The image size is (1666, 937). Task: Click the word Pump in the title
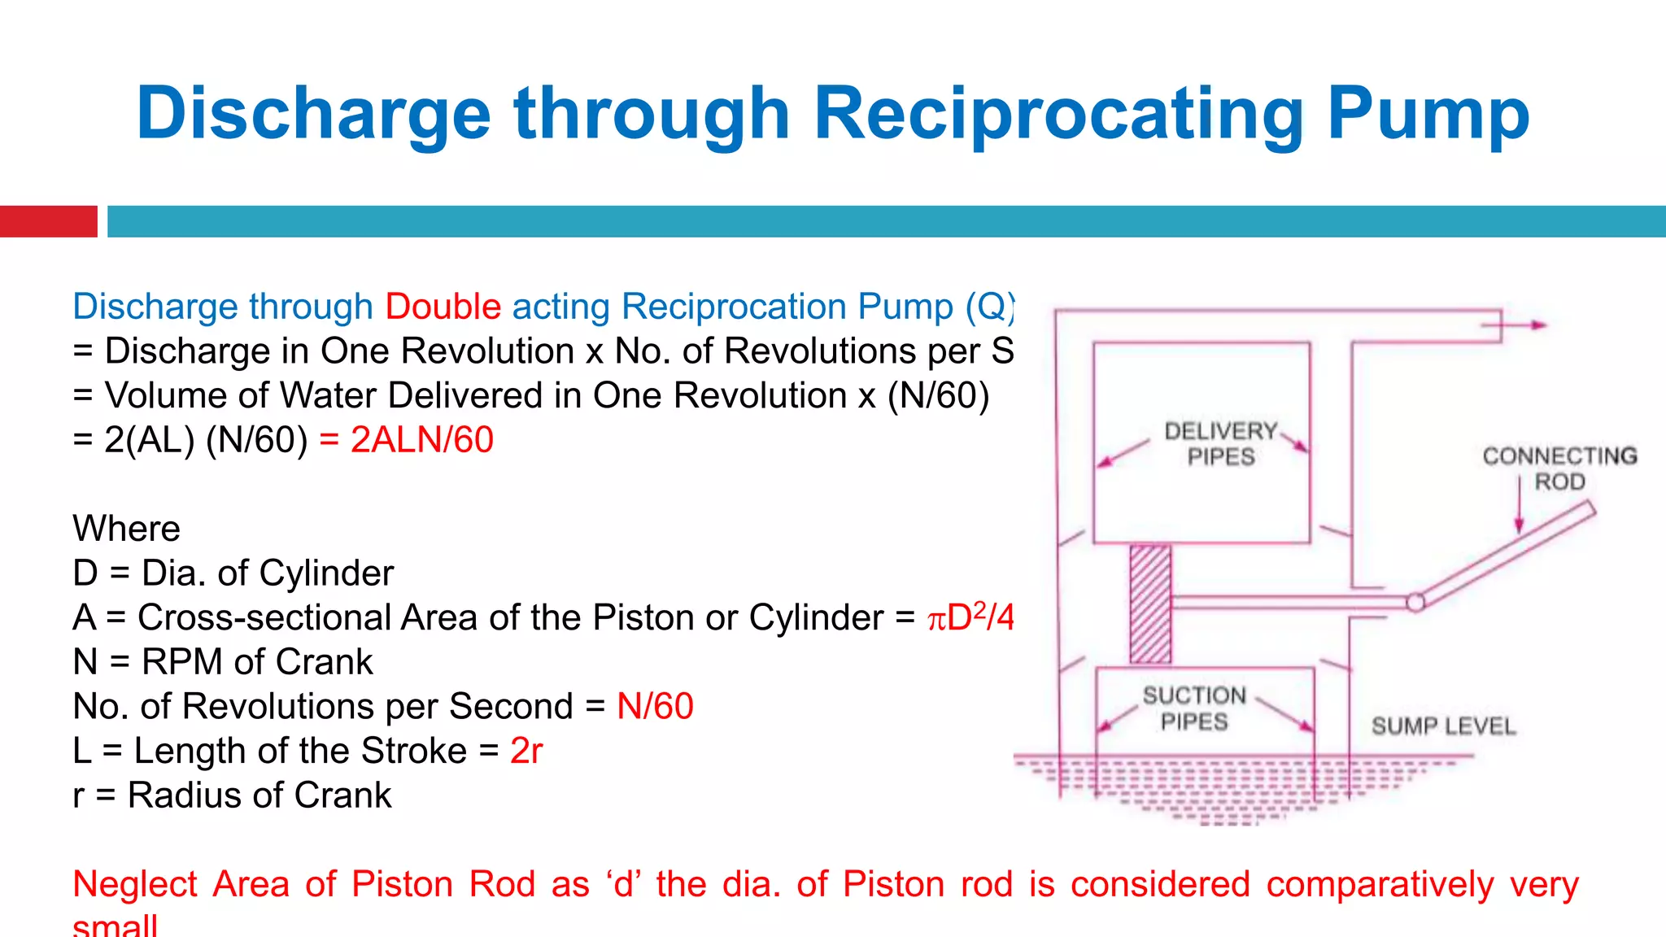pyautogui.click(x=1428, y=114)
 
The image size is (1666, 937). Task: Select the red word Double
pyautogui.click(x=443, y=307)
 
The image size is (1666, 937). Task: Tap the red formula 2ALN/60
pyautogui.click(x=421, y=440)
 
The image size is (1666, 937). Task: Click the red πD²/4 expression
pyautogui.click(x=970, y=617)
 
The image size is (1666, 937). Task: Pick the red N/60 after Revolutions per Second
pyautogui.click(x=655, y=706)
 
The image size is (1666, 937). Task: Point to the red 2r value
pyautogui.click(x=526, y=751)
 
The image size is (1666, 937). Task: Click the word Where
pyautogui.click(x=126, y=529)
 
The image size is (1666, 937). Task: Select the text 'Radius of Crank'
pyautogui.click(x=259, y=795)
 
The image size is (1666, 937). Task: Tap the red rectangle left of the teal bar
pyautogui.click(x=48, y=221)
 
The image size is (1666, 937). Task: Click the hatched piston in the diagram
pyautogui.click(x=1150, y=604)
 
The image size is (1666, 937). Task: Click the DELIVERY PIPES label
pyautogui.click(x=1220, y=443)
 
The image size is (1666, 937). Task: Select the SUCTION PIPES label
pyautogui.click(x=1193, y=708)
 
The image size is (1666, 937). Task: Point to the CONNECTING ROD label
pyautogui.click(x=1559, y=468)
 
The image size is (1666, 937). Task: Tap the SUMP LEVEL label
pyautogui.click(x=1443, y=726)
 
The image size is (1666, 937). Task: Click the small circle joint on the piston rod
pyautogui.click(x=1415, y=602)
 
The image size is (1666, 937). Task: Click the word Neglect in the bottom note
pyautogui.click(x=135, y=884)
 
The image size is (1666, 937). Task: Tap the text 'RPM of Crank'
pyautogui.click(x=257, y=662)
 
